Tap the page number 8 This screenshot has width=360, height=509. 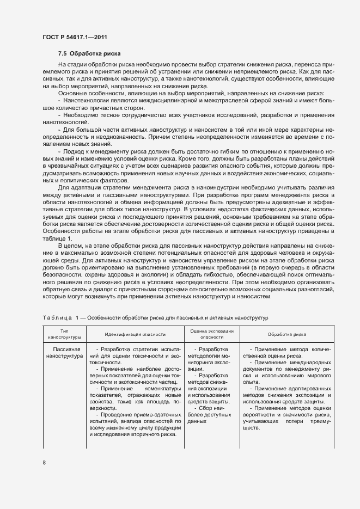pyautogui.click(x=44, y=463)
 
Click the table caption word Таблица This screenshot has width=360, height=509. pyautogui.click(x=57, y=317)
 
